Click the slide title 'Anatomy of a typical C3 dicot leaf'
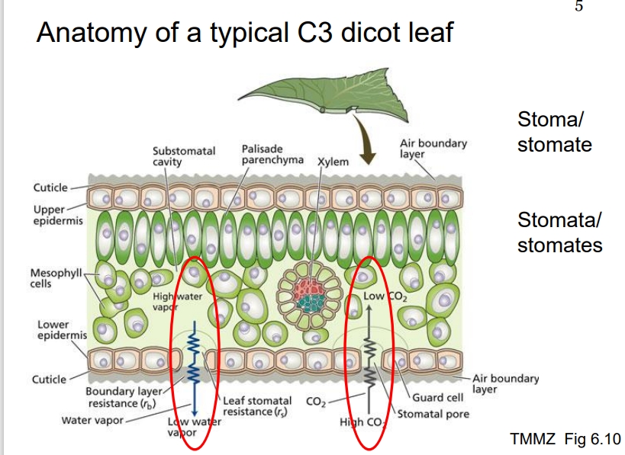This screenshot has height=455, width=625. [245, 33]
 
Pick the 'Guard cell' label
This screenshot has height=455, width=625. [438, 398]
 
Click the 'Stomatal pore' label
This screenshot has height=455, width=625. [435, 414]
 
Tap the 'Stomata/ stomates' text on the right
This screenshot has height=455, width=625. [559, 232]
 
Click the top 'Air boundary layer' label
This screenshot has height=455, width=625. [433, 148]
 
